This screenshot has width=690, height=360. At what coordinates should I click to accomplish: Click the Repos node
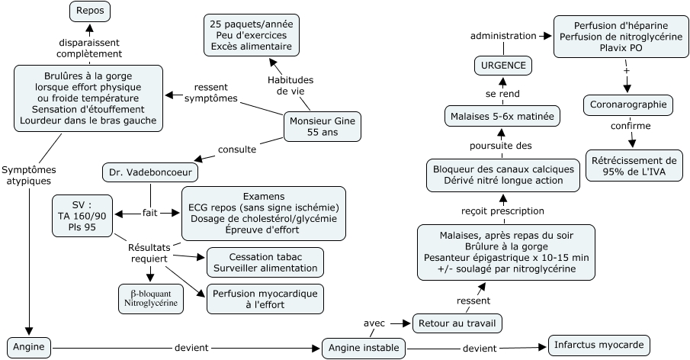(x=90, y=11)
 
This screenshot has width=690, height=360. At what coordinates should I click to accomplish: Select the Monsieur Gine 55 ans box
(x=322, y=127)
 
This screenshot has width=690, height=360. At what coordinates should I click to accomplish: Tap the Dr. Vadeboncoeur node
(x=149, y=172)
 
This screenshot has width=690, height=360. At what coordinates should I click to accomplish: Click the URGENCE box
(x=504, y=66)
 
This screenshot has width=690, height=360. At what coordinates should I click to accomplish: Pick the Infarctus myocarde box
(x=600, y=345)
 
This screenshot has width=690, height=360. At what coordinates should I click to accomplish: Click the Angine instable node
(x=363, y=348)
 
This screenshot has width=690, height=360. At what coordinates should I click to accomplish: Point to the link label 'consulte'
(x=237, y=149)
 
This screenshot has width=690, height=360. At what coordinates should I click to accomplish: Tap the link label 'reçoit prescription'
(x=502, y=211)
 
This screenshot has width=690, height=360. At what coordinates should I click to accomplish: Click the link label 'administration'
(x=503, y=36)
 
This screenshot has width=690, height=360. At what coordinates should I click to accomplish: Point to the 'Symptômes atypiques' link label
(x=27, y=175)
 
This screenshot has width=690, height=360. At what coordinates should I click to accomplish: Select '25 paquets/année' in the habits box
(x=252, y=24)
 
